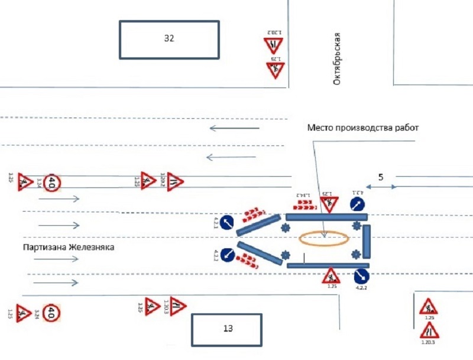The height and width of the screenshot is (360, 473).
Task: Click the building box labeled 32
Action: pyautogui.click(x=169, y=40)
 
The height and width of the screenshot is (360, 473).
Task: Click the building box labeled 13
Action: pyautogui.click(x=227, y=330)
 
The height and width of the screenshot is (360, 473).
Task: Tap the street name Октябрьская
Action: pyautogui.click(x=338, y=59)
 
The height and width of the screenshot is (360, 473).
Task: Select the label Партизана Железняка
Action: pyautogui.click(x=68, y=247)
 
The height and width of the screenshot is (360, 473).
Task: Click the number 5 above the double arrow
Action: pyautogui.click(x=381, y=177)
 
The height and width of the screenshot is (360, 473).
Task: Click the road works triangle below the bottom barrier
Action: pyautogui.click(x=331, y=275)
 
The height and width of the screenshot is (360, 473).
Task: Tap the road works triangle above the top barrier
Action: pyautogui.click(x=329, y=205)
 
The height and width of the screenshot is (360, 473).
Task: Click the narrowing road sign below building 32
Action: pyautogui.click(x=274, y=44)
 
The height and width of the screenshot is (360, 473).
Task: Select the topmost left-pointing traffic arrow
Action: pyautogui.click(x=235, y=127)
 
